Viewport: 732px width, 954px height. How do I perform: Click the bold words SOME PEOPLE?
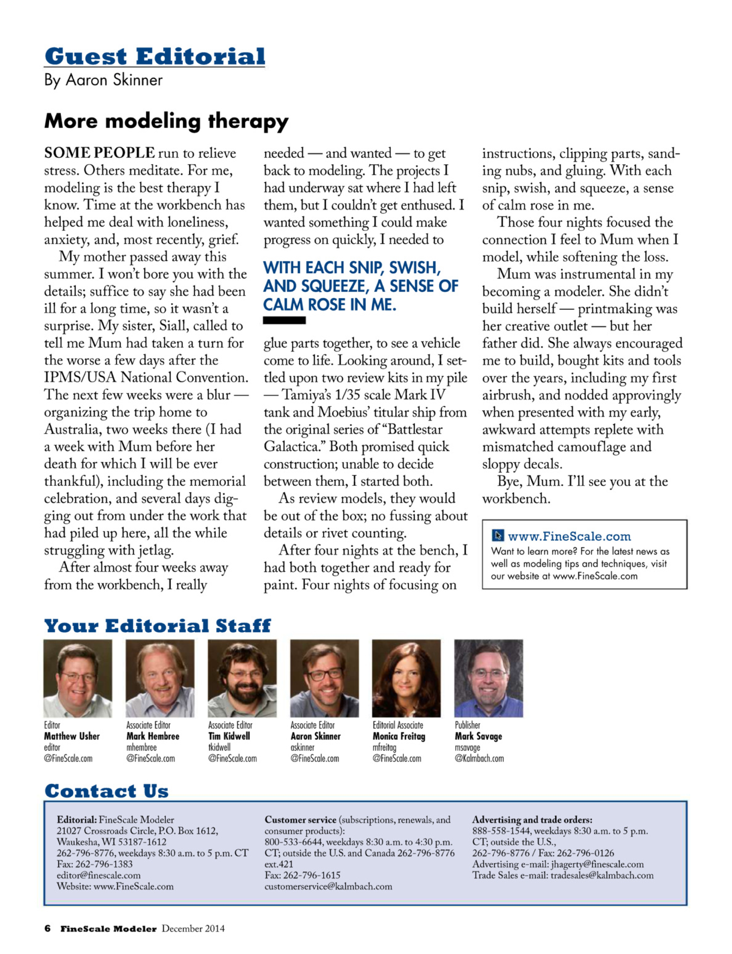coord(99,153)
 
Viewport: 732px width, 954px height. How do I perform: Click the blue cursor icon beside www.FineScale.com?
coord(498,535)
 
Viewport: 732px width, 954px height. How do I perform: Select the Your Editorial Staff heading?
coord(157,626)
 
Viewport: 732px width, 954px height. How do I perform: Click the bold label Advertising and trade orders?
coord(532,820)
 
